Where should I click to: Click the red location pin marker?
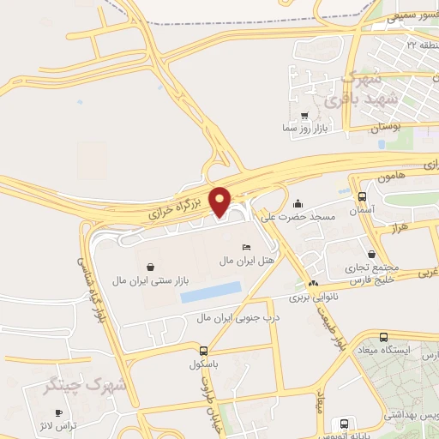click(220, 200)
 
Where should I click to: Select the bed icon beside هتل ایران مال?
click(247, 247)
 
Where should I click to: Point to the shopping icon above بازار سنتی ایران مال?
click(151, 267)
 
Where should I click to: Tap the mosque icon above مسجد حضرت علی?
click(298, 204)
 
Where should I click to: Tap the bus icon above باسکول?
click(203, 350)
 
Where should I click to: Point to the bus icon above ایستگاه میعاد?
click(382, 337)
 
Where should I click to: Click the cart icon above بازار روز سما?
click(304, 115)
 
